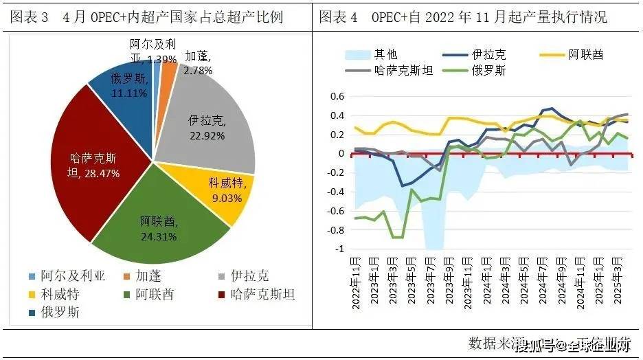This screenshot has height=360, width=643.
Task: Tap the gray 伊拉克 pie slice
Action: tap(206, 120)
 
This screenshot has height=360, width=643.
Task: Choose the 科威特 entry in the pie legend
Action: tap(54, 294)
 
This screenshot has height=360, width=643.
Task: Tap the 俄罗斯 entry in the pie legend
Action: tap(54, 312)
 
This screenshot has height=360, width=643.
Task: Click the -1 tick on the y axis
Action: tap(338, 249)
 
